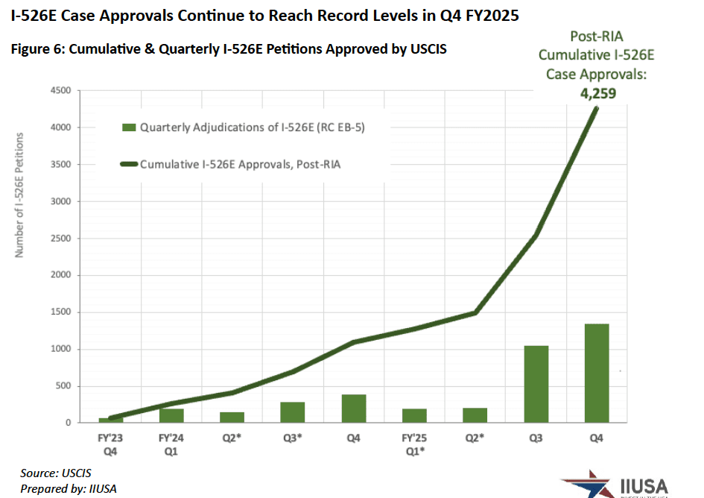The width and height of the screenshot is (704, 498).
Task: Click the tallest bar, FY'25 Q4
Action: [x=597, y=373]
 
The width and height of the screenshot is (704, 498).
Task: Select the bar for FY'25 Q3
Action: [x=536, y=384]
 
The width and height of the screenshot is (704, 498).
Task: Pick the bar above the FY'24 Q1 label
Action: [x=171, y=415]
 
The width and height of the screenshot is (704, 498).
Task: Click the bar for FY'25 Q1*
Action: [x=414, y=415]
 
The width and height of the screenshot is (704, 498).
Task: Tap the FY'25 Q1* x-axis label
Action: [x=414, y=445]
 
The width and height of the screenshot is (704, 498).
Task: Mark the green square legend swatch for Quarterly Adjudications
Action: [x=129, y=127]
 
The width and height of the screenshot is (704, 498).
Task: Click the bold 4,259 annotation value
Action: [x=597, y=93]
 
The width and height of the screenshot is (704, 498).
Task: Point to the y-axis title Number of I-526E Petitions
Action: [x=20, y=195]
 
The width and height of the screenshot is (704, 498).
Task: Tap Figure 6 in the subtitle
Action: [x=34, y=49]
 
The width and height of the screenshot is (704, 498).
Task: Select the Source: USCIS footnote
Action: [x=56, y=473]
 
